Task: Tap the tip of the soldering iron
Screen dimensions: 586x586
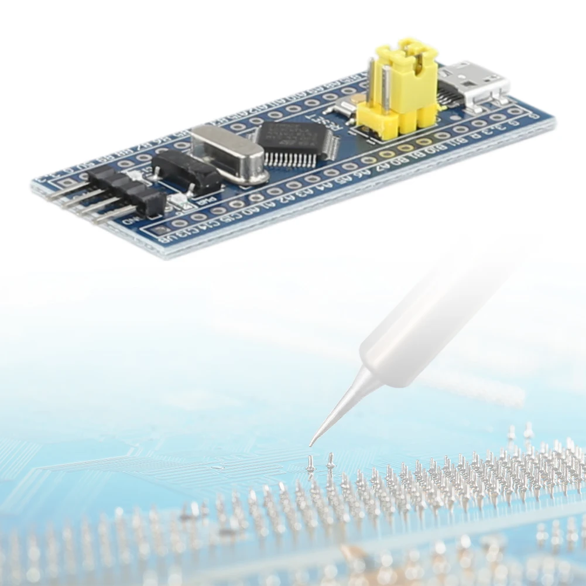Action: tap(312, 444)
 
